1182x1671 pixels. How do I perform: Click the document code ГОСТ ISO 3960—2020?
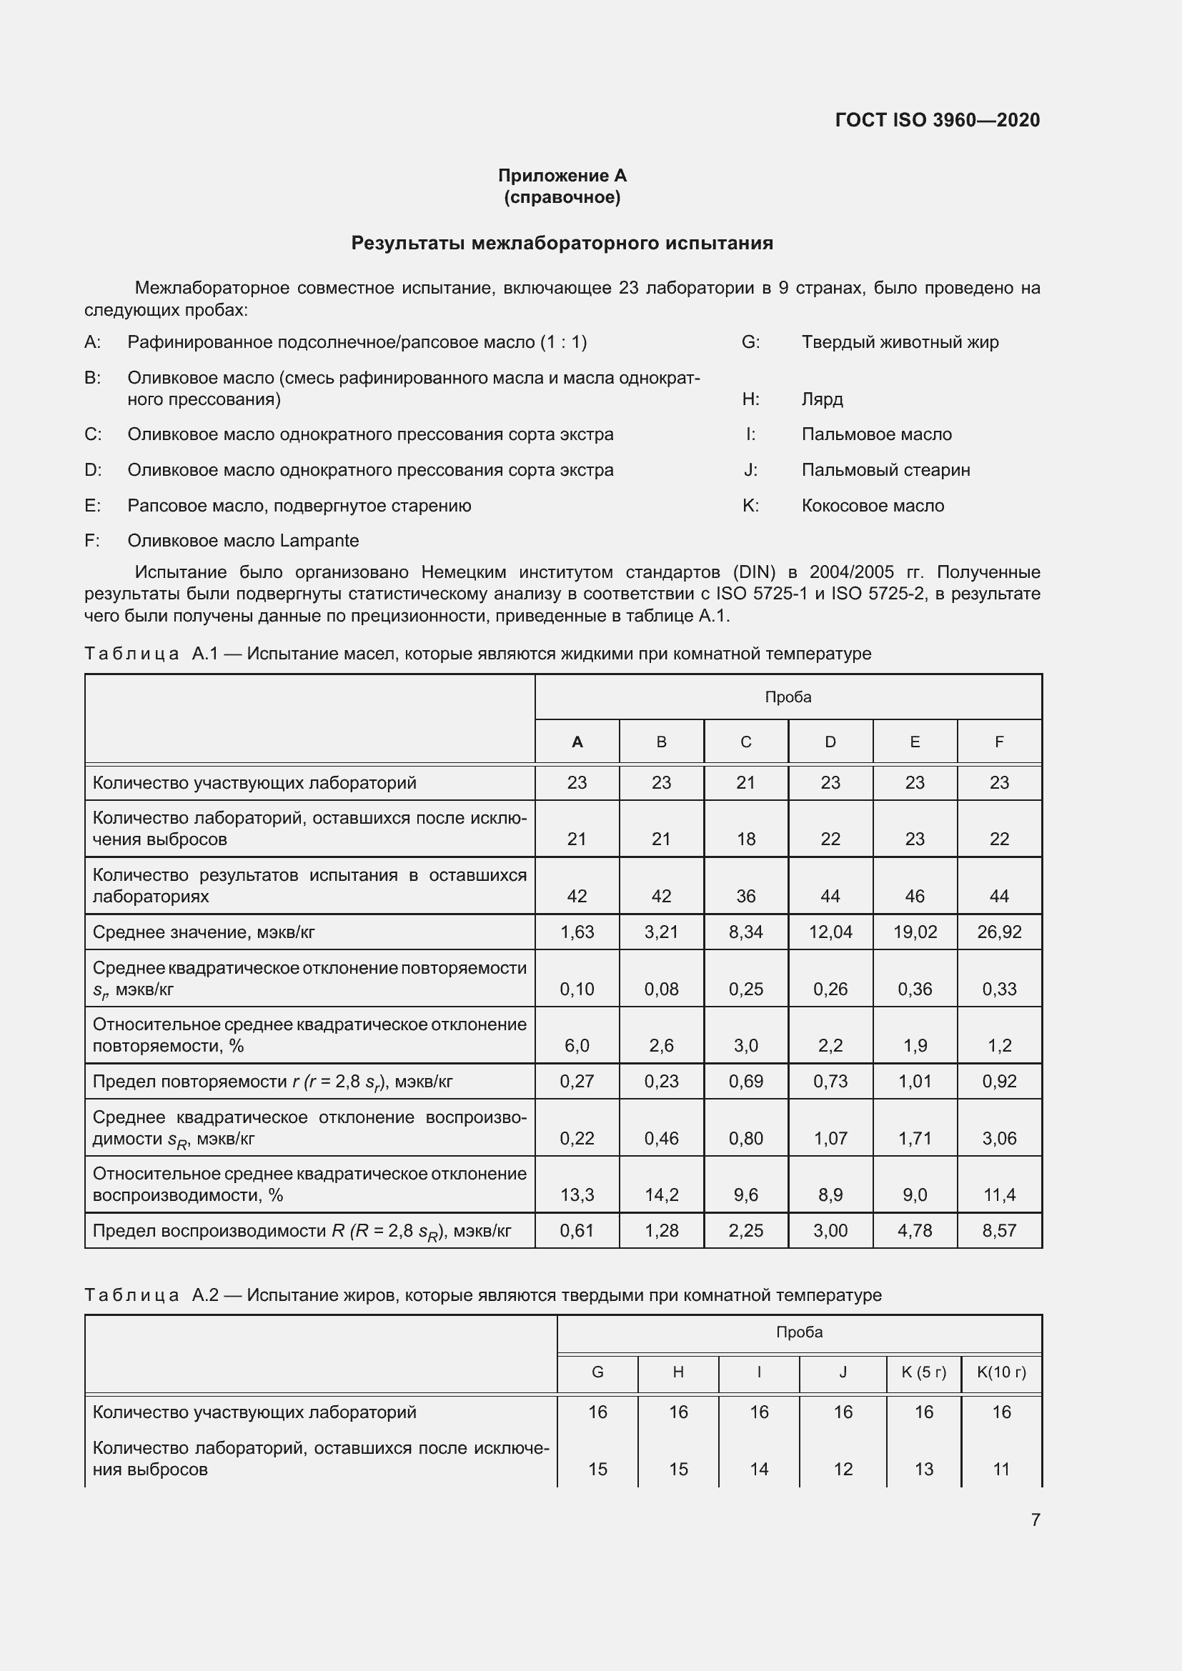[x=937, y=120]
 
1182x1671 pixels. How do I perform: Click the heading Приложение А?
[x=562, y=176]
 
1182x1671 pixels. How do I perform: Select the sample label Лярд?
[x=822, y=399]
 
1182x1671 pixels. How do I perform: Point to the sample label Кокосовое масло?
[x=872, y=506]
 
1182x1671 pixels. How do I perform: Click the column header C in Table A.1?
[x=745, y=742]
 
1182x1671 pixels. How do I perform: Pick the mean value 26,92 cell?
[x=998, y=932]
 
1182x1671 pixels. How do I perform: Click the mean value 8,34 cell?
[x=745, y=932]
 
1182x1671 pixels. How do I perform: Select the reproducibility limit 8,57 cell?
[x=998, y=1231]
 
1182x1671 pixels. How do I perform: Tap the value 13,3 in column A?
[x=577, y=1194]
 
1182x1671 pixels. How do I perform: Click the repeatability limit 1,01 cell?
[x=914, y=1081]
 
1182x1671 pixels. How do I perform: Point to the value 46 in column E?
[x=914, y=896]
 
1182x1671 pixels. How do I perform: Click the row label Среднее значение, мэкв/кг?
[x=204, y=932]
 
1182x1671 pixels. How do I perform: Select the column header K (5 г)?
[x=923, y=1372]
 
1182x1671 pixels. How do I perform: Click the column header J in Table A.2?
[x=842, y=1372]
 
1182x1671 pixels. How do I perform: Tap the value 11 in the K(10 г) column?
[x=1000, y=1470]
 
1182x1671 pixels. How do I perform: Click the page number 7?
[x=1035, y=1520]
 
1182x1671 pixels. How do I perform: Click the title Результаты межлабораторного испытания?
[x=562, y=243]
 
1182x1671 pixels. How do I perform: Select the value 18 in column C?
[x=745, y=839]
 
